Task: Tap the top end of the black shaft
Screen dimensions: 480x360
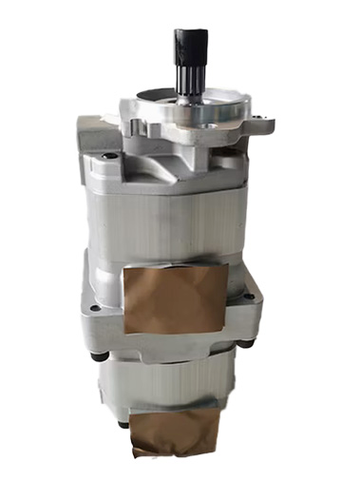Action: click(x=186, y=33)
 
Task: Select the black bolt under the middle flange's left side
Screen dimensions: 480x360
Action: click(x=99, y=356)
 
